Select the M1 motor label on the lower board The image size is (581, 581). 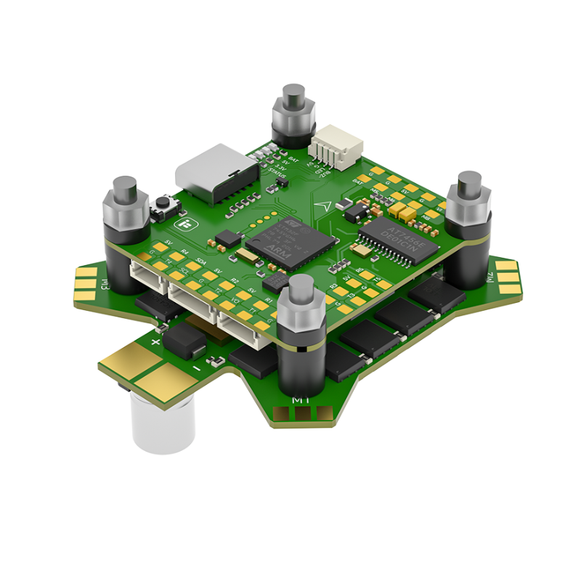(x=300, y=401)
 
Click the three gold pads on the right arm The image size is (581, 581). (x=506, y=277)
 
